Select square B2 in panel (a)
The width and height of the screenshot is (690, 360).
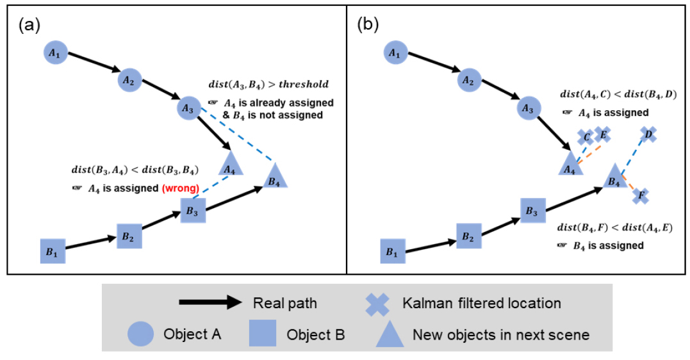pos(129,236)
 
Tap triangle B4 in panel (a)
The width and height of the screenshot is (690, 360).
pos(274,176)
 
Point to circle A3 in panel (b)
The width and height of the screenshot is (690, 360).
pos(528,109)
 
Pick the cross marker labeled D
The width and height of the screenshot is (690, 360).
pos(648,134)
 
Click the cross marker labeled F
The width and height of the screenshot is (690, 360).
pos(641,195)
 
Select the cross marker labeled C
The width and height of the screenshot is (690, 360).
pos(584,137)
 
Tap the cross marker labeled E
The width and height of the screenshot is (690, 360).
pos(602,134)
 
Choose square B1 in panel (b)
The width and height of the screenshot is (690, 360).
pos(393,251)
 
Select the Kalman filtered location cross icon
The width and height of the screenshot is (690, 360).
pos(377,303)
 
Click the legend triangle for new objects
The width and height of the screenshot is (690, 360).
pos(390,334)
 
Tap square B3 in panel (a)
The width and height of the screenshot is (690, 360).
pos(193,210)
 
